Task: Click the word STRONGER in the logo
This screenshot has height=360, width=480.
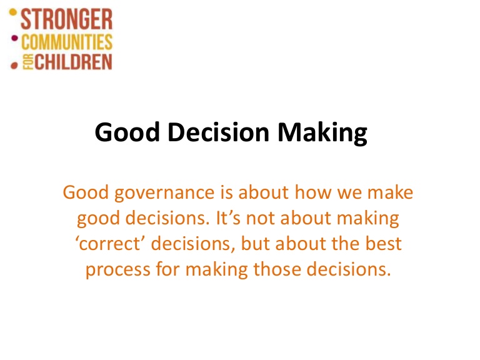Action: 66,19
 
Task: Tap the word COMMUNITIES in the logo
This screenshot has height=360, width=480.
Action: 67,42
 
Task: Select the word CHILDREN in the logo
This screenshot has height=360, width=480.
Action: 73,62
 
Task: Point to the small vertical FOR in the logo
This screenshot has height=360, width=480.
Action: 28,62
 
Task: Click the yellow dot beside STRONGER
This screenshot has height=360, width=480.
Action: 13,12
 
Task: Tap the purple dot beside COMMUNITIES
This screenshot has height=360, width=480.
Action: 14,38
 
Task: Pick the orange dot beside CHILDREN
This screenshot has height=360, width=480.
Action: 14,66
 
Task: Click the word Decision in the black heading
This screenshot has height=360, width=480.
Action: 219,132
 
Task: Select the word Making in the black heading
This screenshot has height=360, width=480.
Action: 322,133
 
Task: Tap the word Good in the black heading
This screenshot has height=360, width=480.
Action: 127,132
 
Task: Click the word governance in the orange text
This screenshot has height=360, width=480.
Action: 164,194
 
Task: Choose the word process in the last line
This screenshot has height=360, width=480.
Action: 118,270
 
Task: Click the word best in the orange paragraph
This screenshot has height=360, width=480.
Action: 384,243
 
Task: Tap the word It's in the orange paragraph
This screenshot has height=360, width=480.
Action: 228,217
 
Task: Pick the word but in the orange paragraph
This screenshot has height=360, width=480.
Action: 255,243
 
